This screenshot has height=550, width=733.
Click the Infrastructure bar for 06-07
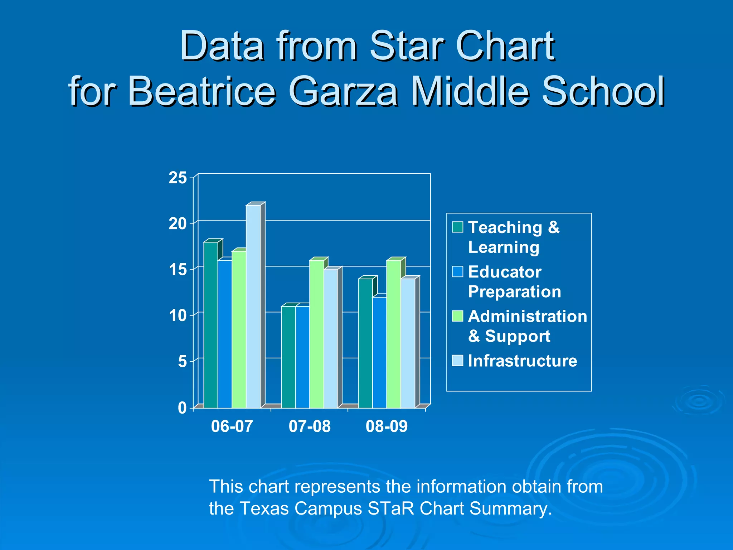(253, 307)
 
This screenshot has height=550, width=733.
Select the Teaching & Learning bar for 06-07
(211, 325)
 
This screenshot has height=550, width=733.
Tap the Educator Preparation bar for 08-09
(379, 353)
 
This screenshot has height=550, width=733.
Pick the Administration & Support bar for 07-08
(316, 334)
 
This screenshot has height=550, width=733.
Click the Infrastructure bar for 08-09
(408, 343)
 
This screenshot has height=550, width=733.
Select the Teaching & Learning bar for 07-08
(288, 357)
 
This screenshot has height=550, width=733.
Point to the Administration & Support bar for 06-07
(239, 329)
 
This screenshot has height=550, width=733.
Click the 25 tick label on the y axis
(178, 178)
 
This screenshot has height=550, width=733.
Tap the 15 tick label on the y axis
(178, 270)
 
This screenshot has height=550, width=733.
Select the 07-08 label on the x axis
(310, 426)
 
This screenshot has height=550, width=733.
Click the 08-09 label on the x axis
(387, 426)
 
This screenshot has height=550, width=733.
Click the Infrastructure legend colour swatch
(457, 361)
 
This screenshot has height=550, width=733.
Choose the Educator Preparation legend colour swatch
(457, 272)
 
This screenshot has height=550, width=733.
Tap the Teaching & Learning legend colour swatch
(457, 227)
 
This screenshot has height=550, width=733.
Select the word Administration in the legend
(528, 317)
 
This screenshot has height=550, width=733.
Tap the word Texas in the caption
(264, 508)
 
